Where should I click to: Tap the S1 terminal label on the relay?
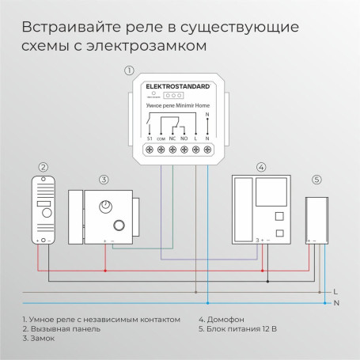click(x=150, y=138)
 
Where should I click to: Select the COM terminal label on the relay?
click(x=161, y=138)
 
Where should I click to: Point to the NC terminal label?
click(x=173, y=138)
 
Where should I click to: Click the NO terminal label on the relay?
click(x=184, y=138)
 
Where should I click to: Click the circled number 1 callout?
click(x=129, y=71)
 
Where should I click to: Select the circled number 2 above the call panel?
click(x=44, y=168)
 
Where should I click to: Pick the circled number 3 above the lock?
click(x=103, y=180)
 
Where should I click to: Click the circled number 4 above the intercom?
click(x=261, y=167)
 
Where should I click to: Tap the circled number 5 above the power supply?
click(x=316, y=180)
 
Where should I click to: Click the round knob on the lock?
click(x=104, y=207)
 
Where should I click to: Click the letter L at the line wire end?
click(x=335, y=291)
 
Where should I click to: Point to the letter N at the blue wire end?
click(x=335, y=303)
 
